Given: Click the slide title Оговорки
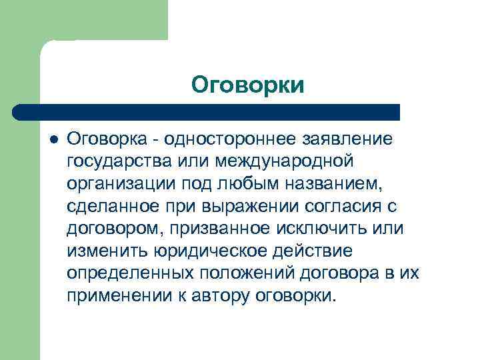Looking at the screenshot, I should pyautogui.click(x=247, y=85).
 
